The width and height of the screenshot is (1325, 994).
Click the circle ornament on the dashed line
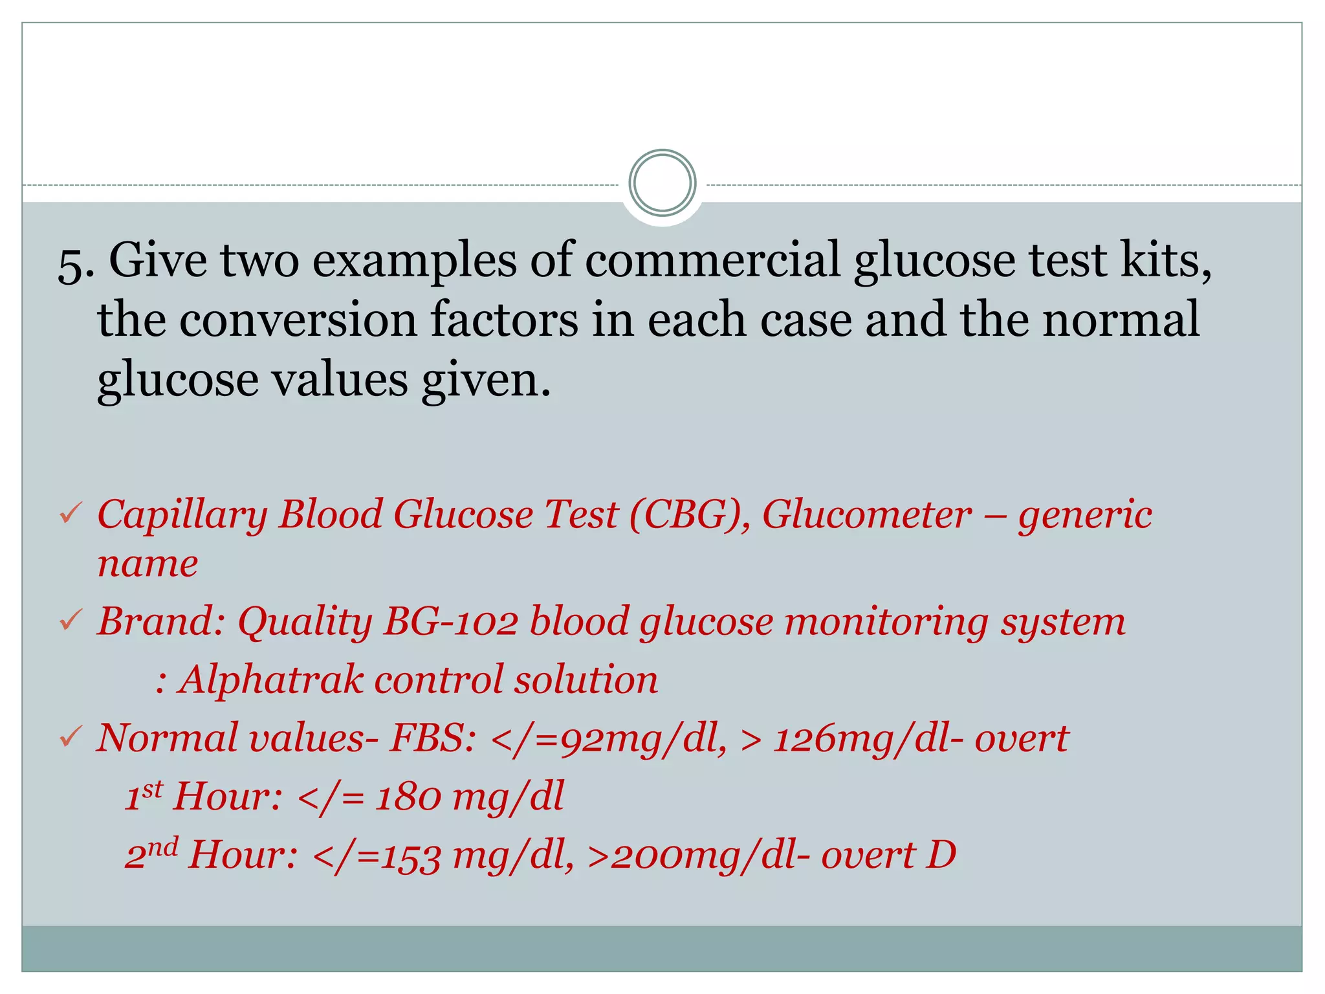coord(662,183)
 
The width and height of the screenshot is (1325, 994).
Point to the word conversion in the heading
coord(298,320)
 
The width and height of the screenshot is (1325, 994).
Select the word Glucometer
coord(867,516)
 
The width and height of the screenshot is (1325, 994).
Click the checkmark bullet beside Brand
coord(69,622)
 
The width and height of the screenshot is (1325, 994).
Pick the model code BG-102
coord(450,622)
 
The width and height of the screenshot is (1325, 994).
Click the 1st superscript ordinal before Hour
coord(144,795)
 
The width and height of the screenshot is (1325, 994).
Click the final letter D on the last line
coord(941,855)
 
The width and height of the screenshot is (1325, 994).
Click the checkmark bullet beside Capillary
coord(69,515)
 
